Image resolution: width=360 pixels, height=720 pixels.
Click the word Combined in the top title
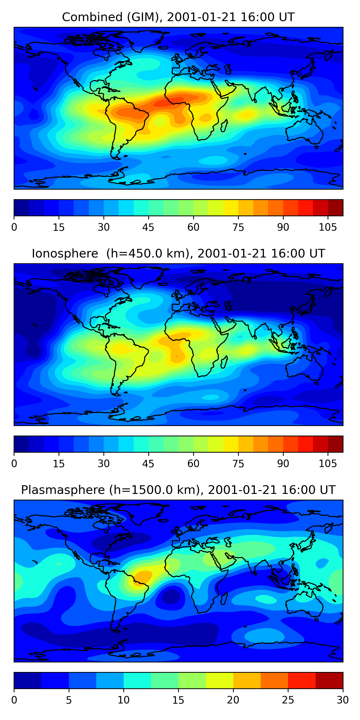click(x=92, y=17)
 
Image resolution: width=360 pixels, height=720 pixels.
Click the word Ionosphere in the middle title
click(x=65, y=253)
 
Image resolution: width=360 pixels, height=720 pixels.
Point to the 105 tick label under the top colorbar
click(x=328, y=228)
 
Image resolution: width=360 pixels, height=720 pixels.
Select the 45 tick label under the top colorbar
click(x=148, y=228)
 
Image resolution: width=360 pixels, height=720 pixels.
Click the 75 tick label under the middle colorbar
click(x=238, y=464)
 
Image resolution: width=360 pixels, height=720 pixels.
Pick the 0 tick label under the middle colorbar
click(x=14, y=464)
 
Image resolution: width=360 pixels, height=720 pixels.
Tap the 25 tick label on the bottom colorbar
click(x=288, y=700)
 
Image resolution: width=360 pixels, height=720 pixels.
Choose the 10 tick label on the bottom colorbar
click(x=124, y=700)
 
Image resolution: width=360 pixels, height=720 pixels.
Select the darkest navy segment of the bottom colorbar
click(x=28, y=680)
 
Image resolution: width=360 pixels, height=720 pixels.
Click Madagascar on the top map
click(x=224, y=126)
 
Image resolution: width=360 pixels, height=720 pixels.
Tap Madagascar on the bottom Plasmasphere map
click(x=224, y=599)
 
